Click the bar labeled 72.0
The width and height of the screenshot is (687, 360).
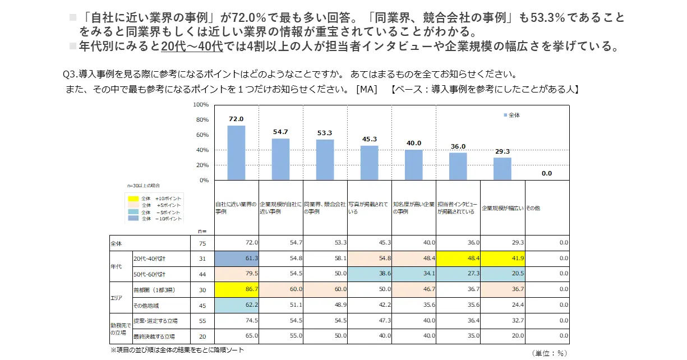tap(236, 152)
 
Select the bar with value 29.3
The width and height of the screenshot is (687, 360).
tap(502, 168)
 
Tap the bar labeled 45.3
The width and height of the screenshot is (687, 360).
tap(369, 163)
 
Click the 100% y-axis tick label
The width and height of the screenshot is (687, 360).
tap(200, 105)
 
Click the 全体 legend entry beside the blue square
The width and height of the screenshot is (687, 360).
tap(514, 115)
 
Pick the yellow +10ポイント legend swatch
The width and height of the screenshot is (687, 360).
tap(133, 199)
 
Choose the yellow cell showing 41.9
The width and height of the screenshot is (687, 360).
tap(502, 259)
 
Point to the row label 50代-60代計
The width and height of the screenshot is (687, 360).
tap(149, 274)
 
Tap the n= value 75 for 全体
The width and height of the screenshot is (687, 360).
tap(202, 243)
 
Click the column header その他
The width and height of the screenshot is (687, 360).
tap(533, 208)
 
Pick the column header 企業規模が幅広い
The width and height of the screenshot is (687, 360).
tap(502, 208)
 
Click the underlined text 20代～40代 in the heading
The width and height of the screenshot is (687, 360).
tap(192, 47)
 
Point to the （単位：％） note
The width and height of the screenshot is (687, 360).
tap(550, 353)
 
